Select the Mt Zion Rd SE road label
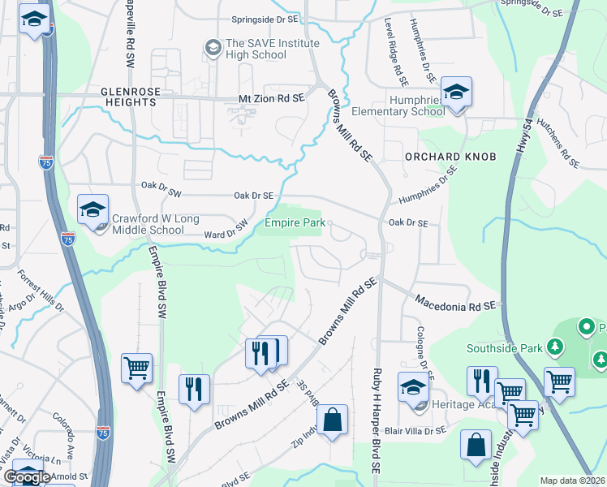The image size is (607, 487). pyautogui.click(x=270, y=97)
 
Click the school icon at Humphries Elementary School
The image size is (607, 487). pyautogui.click(x=456, y=93)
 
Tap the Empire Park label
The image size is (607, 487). pyautogui.click(x=293, y=222)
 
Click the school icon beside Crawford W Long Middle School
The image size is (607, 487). pyautogui.click(x=93, y=210)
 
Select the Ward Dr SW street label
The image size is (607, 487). pyautogui.click(x=226, y=231)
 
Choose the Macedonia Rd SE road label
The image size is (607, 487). pyautogui.click(x=454, y=302)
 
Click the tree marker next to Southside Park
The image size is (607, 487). pyautogui.click(x=555, y=348)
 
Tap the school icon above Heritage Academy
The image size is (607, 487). pyautogui.click(x=413, y=388)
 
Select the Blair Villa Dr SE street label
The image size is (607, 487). pyautogui.click(x=417, y=431)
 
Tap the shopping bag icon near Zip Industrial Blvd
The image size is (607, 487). pyautogui.click(x=332, y=420)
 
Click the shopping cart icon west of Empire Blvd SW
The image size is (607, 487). pyautogui.click(x=136, y=368)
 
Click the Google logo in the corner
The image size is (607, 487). pyautogui.click(x=26, y=477)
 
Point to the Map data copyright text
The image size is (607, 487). pyautogui.click(x=572, y=481)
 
